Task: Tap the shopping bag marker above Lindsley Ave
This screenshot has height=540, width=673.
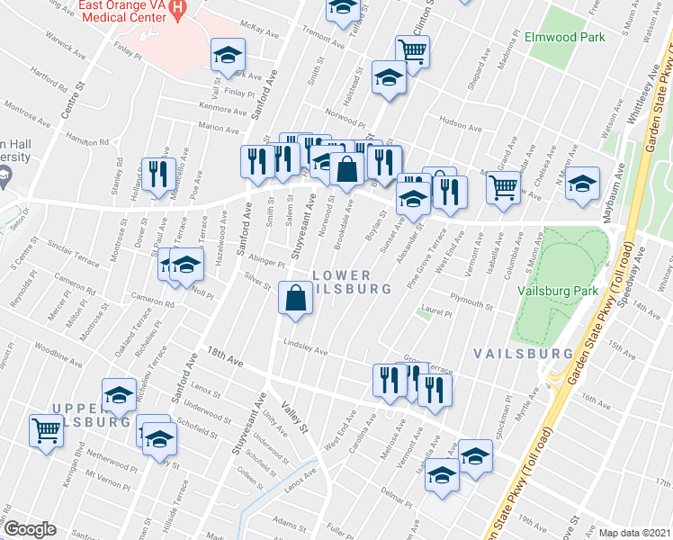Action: [x=296, y=298]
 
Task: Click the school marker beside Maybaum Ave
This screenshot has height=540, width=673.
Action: [x=582, y=184]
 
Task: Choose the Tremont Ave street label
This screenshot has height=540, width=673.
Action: [x=324, y=42]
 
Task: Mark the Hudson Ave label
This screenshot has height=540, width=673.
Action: [x=455, y=121]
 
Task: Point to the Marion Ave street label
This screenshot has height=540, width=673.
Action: [x=219, y=129]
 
